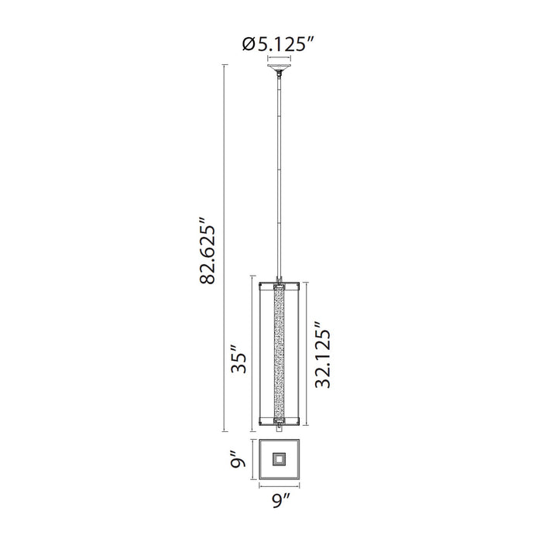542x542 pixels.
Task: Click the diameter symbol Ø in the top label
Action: [x=249, y=45]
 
